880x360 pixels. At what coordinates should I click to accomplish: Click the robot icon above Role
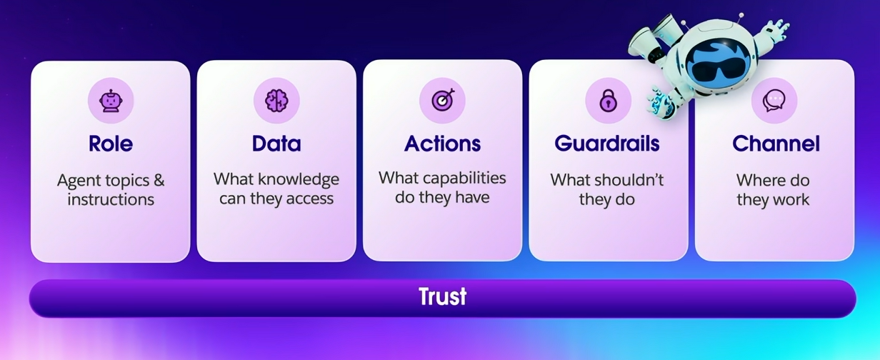tap(111, 101)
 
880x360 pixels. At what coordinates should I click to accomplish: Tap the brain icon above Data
tap(276, 101)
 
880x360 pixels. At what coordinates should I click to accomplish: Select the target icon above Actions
tap(442, 101)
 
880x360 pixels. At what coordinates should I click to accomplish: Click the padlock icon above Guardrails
tap(608, 101)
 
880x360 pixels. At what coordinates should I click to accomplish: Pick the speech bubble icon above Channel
tap(774, 101)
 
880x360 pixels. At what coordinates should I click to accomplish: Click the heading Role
tap(111, 144)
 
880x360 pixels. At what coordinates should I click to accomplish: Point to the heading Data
tap(276, 144)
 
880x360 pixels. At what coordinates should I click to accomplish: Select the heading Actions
tap(442, 144)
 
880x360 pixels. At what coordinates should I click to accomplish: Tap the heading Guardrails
tap(607, 144)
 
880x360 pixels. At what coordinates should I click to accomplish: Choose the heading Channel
tap(776, 144)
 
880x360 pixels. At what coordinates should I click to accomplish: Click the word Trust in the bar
tap(442, 296)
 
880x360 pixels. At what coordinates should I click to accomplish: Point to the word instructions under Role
tap(111, 199)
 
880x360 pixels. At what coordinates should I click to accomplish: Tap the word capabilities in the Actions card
tap(464, 177)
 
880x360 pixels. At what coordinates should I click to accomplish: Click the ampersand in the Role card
tap(159, 180)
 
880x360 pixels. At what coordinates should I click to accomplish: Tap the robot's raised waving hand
tap(775, 30)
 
